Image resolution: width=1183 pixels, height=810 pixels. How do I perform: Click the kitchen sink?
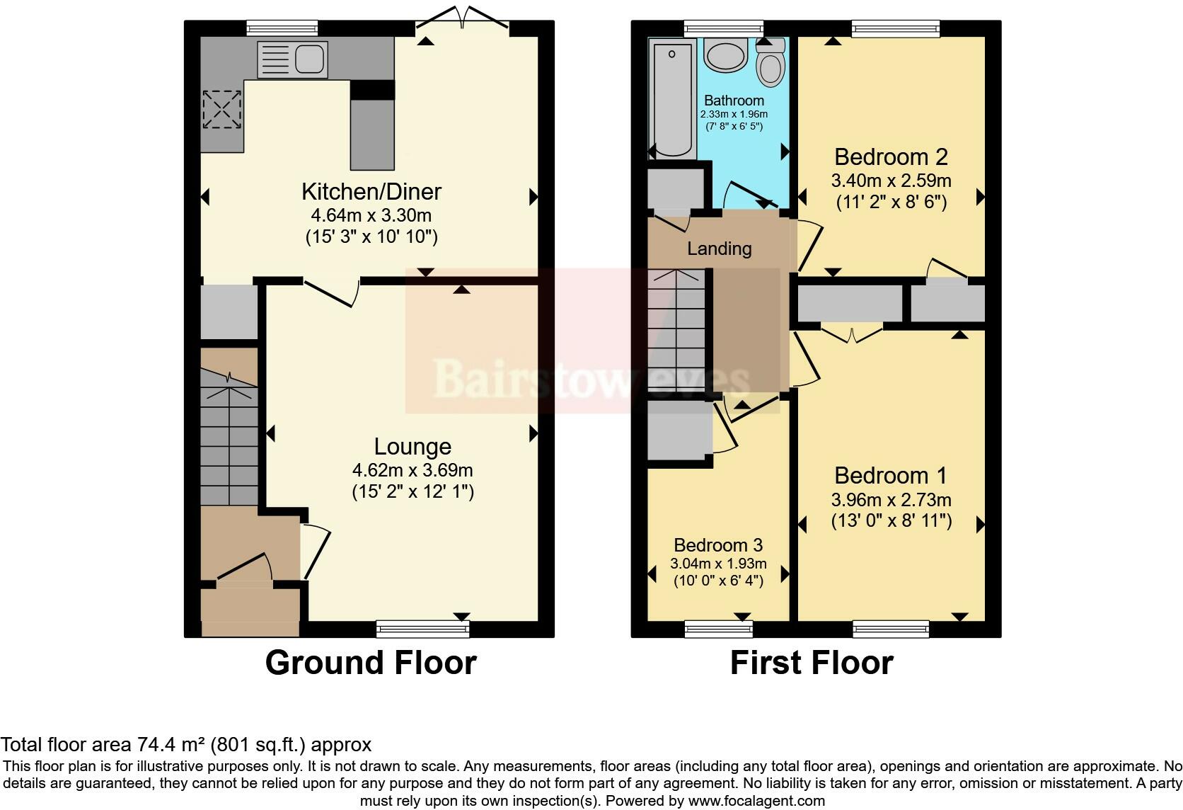coord(293,59)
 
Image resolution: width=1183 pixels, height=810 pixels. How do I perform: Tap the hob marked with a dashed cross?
coord(222,109)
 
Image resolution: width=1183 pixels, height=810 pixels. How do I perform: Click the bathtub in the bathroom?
coord(671,99)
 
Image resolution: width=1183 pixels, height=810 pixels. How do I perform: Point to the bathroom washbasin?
coord(726,56)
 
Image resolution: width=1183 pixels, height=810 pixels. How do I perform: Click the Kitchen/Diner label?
coord(371,191)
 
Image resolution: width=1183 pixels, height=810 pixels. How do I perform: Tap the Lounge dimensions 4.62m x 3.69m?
coord(412,469)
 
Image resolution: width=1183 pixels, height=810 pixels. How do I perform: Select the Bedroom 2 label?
coord(891,157)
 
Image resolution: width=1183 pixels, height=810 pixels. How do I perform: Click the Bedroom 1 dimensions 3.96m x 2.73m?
coord(891,499)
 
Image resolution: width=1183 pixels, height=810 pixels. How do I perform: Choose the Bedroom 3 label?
coord(718,544)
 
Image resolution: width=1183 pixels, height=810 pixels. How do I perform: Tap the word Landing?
coord(720,249)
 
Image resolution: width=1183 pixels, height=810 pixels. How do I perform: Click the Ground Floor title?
coord(371,663)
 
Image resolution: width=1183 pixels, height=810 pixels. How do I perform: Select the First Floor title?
coord(812,663)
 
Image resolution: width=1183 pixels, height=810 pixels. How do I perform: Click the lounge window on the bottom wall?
coord(423,629)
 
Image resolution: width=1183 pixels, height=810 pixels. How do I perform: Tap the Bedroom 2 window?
coord(896,28)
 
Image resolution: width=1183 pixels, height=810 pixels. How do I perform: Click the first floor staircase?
coord(676,331)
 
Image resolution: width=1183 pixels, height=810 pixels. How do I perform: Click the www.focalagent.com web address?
coord(756,801)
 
